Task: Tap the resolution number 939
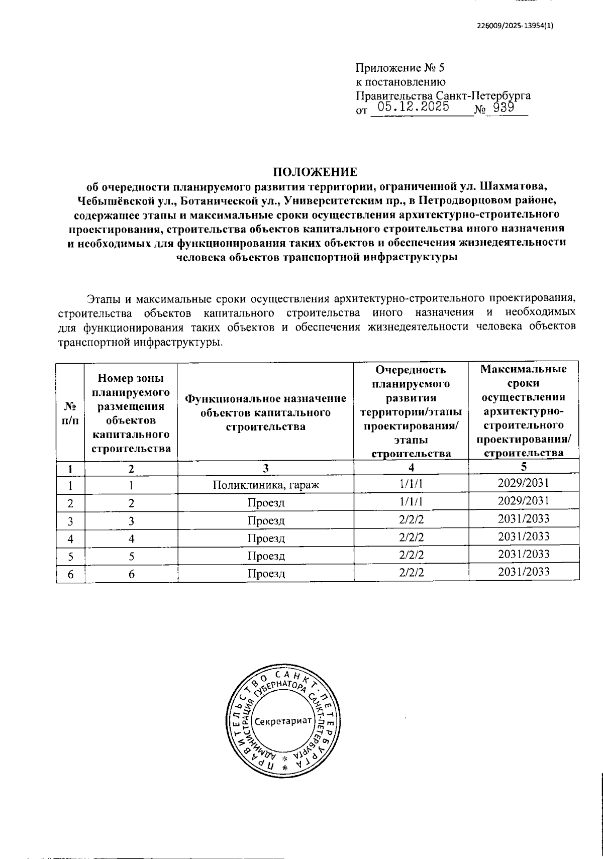pyautogui.click(x=502, y=107)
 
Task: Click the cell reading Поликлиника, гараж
pyautogui.click(x=266, y=485)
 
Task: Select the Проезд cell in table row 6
pyautogui.click(x=266, y=574)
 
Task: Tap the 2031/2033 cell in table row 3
pyautogui.click(x=523, y=518)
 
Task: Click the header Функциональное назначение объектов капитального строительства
pyautogui.click(x=266, y=412)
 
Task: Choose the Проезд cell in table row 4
pyautogui.click(x=266, y=539)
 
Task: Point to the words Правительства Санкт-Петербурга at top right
pyautogui.click(x=443, y=95)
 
